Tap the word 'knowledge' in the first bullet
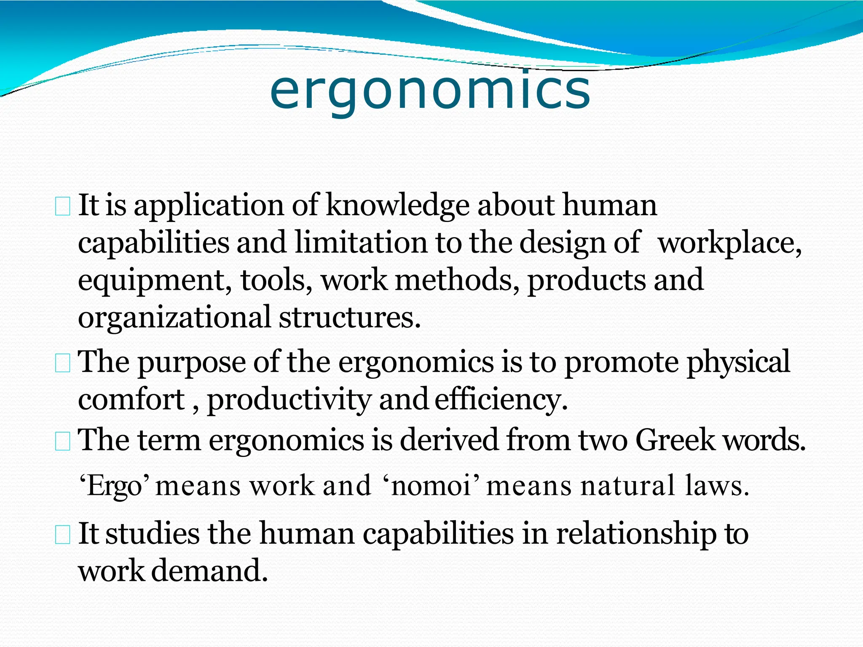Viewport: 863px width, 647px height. click(x=397, y=206)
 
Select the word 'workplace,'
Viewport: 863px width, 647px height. click(x=729, y=243)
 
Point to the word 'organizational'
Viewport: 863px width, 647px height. click(x=174, y=318)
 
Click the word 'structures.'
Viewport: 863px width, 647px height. click(x=350, y=317)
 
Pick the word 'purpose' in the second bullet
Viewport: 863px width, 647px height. click(x=192, y=362)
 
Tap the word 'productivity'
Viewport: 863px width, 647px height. click(x=289, y=400)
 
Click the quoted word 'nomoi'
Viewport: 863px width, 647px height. click(x=431, y=486)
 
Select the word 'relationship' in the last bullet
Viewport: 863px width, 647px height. click(x=636, y=534)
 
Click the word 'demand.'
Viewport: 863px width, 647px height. click(x=209, y=571)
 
